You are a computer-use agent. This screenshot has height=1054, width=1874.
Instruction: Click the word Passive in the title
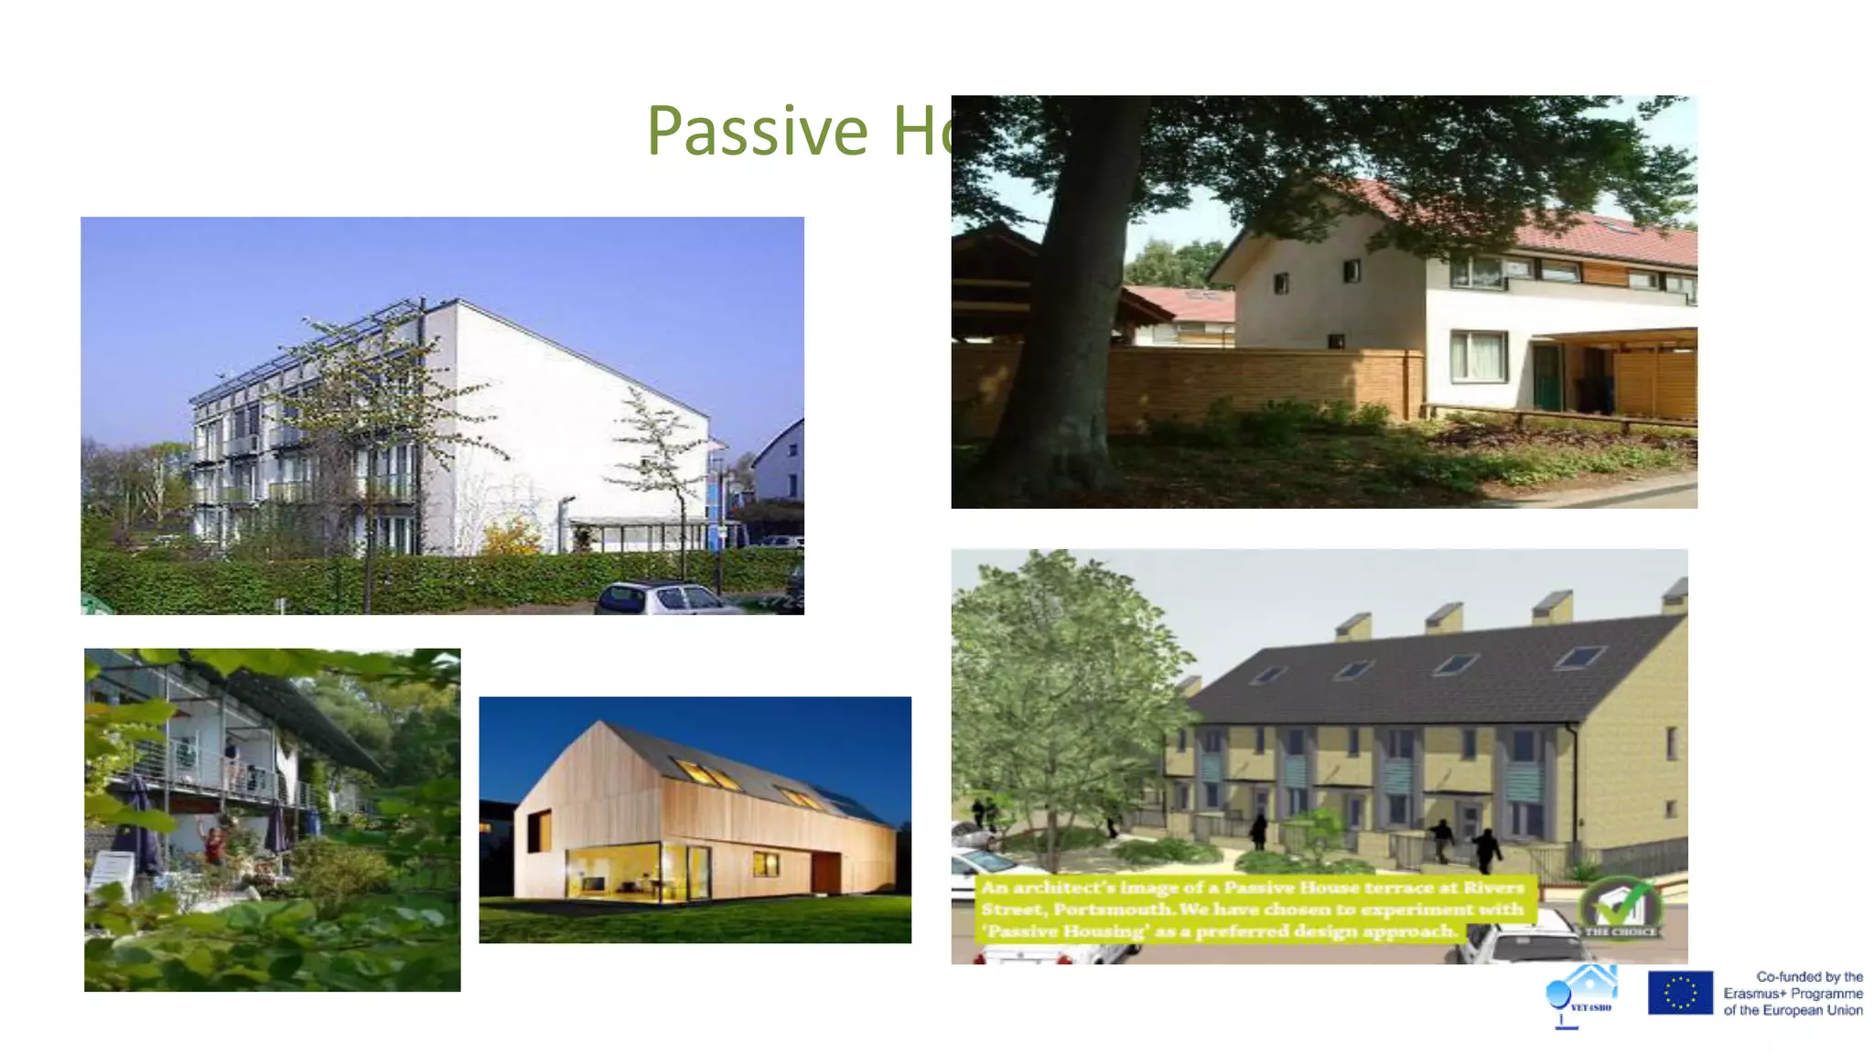point(757,131)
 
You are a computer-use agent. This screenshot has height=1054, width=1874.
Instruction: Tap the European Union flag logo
point(1680,993)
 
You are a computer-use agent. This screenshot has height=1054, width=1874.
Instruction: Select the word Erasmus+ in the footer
point(1753,994)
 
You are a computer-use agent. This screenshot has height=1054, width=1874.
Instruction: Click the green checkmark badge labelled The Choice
point(1620,907)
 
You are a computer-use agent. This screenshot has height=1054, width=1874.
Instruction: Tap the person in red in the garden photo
point(215,844)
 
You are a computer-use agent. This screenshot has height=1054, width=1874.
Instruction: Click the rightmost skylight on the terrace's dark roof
point(1580,656)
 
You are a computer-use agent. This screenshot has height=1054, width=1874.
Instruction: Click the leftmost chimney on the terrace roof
point(1353,627)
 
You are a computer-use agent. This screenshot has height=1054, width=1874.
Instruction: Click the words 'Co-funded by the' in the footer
point(1809,976)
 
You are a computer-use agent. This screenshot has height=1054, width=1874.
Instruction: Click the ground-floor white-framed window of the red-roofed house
point(1478,356)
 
